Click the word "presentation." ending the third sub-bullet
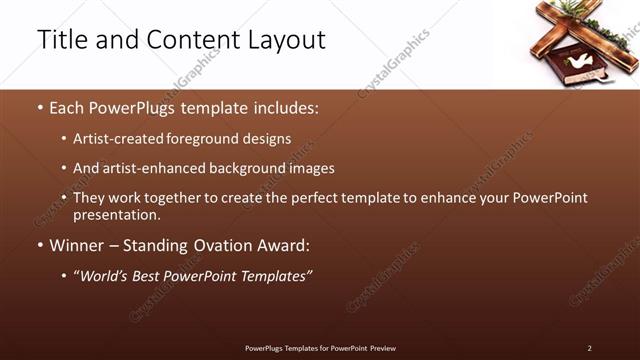tap(116, 215)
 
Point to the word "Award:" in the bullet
tap(284, 245)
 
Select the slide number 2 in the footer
tap(589, 348)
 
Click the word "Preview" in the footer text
tap(382, 348)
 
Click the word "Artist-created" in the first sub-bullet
tap(118, 139)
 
